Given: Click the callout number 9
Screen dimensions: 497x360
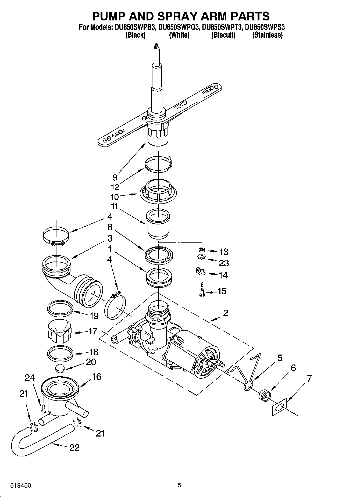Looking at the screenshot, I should [x=115, y=177].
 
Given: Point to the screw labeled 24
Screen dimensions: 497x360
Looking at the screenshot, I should [x=43, y=409].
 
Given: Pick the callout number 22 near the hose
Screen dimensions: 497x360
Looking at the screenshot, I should [x=74, y=448].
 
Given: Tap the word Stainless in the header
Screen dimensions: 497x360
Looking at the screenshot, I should [x=267, y=35].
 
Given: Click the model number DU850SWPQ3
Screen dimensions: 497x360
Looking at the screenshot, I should [x=179, y=27].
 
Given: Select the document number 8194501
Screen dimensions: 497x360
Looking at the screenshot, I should [x=22, y=485].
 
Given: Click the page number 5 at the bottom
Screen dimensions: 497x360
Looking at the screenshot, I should [x=179, y=485].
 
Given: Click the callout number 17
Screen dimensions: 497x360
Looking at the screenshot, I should [x=92, y=331].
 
